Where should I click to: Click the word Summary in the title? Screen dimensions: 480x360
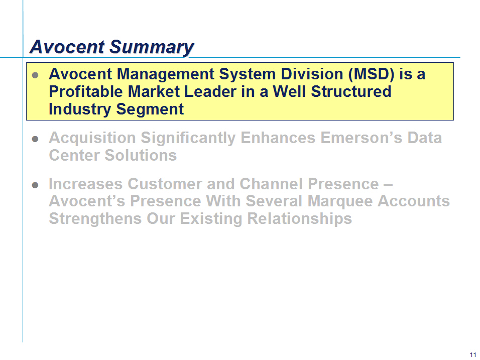coord(152,47)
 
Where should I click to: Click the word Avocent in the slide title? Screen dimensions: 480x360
coord(67,47)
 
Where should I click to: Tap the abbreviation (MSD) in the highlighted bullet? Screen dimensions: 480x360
coord(371,74)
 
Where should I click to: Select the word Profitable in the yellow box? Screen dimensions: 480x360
coord(86,91)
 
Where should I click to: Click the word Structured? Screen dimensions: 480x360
coord(351,91)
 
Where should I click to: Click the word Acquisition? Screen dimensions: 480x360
coord(92,138)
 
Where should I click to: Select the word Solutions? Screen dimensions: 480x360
coord(141,155)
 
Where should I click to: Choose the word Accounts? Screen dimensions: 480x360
coord(414,201)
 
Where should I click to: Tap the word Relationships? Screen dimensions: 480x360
coord(299,219)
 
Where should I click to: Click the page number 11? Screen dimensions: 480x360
coord(473,355)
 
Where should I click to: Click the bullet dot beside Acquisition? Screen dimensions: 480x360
coord(35,139)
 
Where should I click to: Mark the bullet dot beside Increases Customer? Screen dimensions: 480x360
coord(35,185)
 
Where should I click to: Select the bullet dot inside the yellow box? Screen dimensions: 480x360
coord(35,75)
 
